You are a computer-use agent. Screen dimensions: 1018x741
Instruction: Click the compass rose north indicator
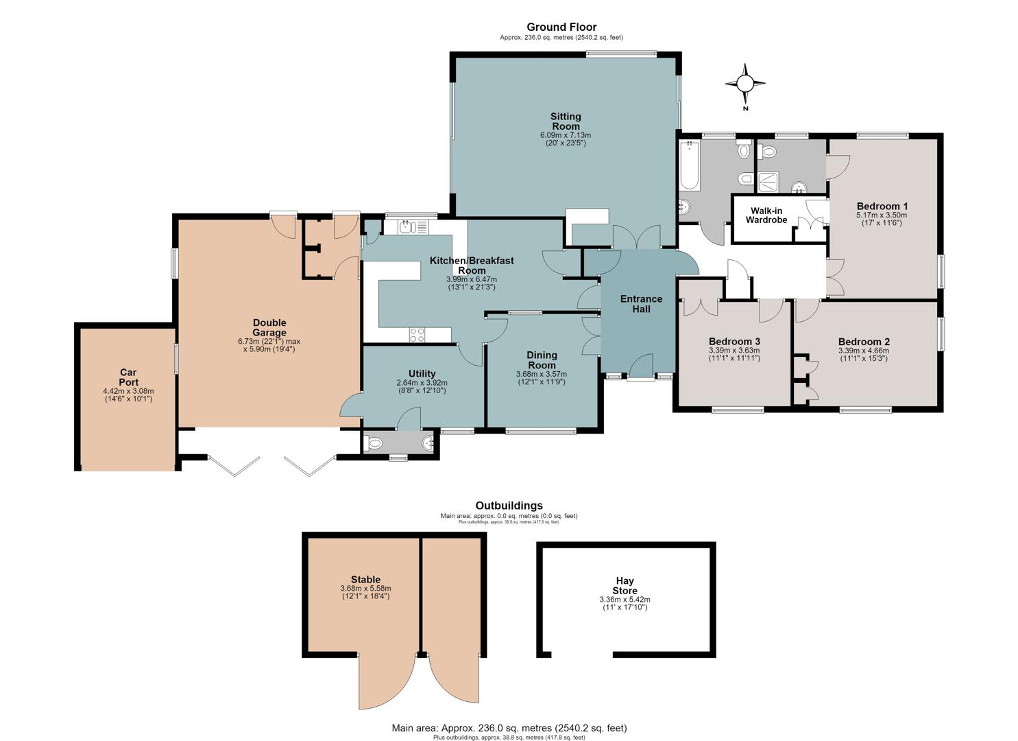745,84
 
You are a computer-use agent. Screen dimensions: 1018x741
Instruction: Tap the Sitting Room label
566,121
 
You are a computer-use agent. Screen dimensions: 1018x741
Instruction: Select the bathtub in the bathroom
690,165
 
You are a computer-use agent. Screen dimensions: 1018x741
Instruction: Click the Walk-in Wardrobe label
766,215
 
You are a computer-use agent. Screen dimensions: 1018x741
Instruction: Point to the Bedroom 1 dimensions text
882,219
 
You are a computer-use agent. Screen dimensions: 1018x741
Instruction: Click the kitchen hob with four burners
417,335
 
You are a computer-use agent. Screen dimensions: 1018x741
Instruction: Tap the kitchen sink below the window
413,227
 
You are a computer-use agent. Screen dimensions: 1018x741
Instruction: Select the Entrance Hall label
641,304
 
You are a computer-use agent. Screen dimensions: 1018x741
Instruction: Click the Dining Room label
542,360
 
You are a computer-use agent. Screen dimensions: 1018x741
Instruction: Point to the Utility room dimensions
422,387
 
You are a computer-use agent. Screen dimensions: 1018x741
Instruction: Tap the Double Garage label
269,327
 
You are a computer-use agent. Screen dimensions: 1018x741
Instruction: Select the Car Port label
128,377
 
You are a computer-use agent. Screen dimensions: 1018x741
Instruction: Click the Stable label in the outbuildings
365,580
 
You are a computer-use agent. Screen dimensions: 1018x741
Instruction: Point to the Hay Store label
625,585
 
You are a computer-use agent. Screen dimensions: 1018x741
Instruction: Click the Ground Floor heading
561,27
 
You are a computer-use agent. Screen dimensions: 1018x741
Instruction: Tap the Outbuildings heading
509,506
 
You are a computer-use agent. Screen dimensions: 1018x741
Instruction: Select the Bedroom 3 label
734,341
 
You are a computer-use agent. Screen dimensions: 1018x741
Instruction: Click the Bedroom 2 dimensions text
864,354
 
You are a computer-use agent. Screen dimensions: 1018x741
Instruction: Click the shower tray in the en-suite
768,182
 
